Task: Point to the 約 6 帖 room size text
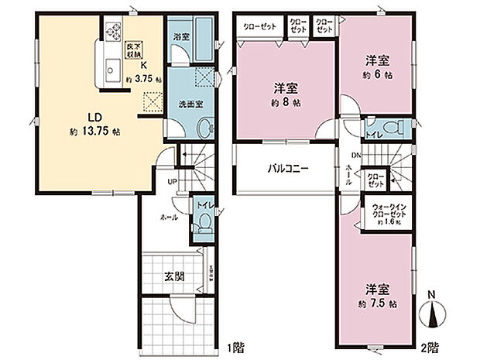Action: click(377, 76)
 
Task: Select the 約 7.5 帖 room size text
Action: click(378, 303)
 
